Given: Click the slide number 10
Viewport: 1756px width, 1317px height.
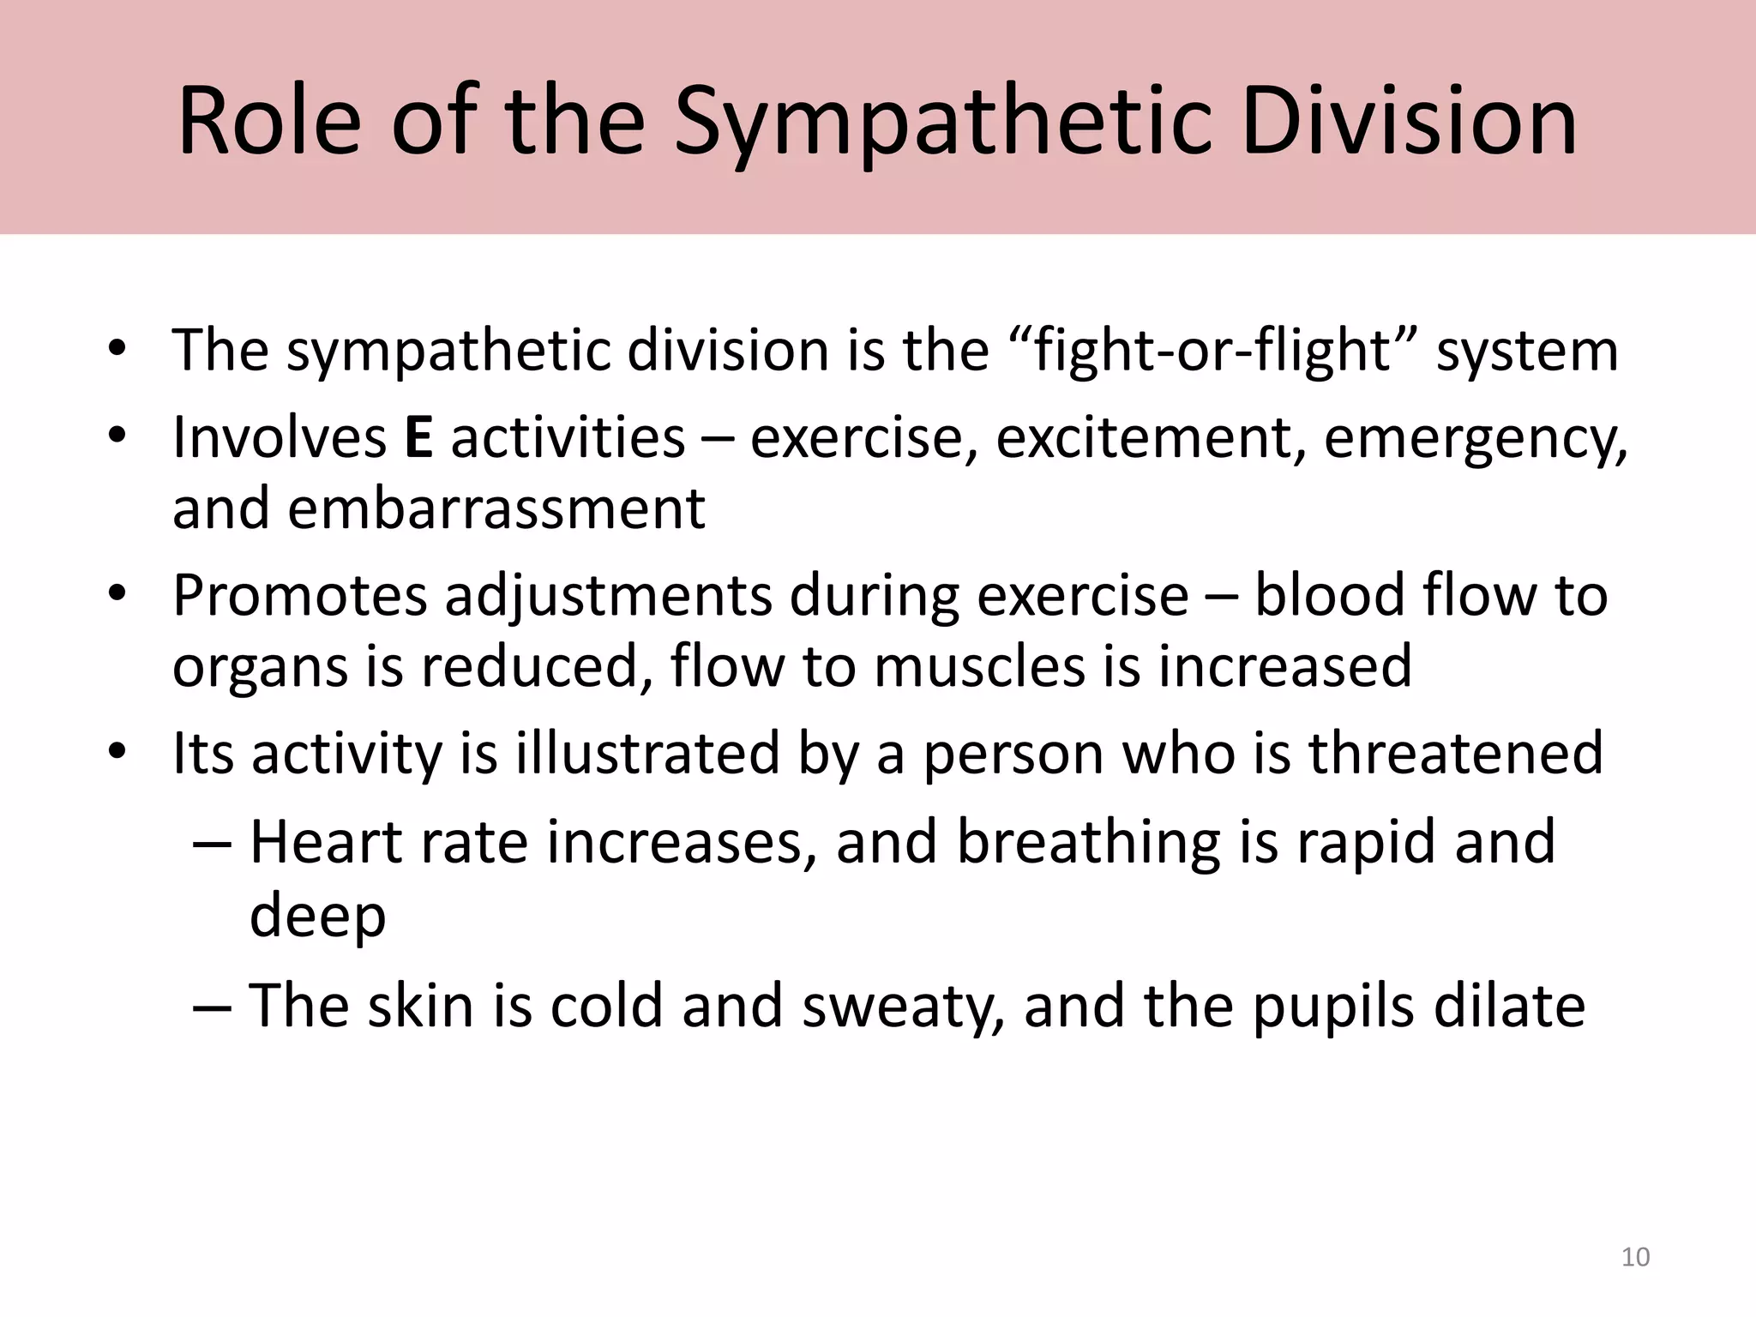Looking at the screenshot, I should (1635, 1257).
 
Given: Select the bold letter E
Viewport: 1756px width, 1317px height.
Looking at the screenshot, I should (418, 437).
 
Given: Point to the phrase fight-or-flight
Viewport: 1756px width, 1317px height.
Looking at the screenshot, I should (1212, 352).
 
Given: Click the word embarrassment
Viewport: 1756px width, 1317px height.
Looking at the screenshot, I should (496, 508).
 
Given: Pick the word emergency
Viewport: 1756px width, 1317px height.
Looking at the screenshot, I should (1473, 439).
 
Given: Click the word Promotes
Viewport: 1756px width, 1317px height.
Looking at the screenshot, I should (299, 596).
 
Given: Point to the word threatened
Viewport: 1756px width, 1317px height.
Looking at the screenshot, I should (1454, 754).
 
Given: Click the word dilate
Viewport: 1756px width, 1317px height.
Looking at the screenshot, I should (1509, 1006).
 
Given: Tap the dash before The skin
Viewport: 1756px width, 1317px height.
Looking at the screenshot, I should (212, 1007).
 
